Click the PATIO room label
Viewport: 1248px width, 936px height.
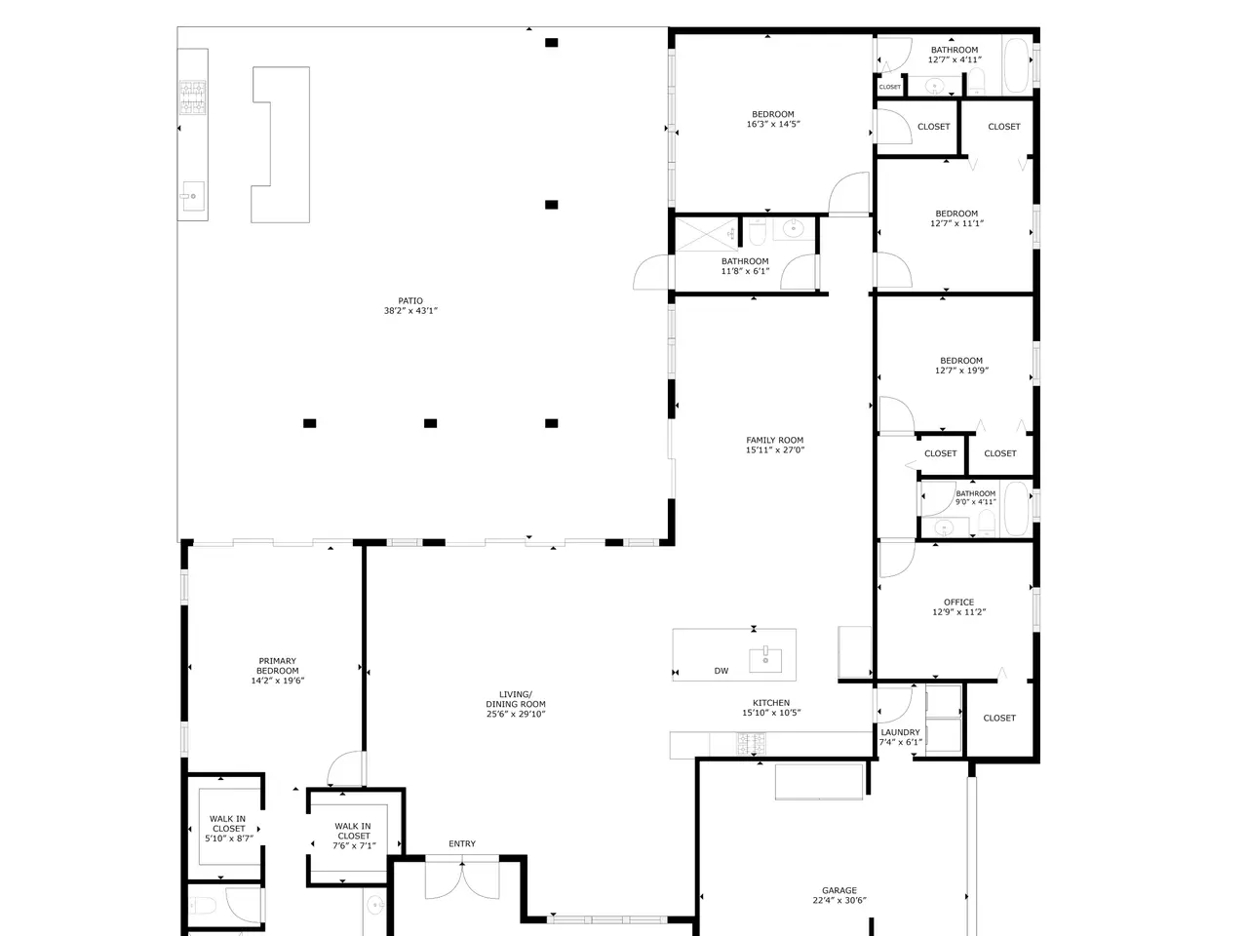(409, 300)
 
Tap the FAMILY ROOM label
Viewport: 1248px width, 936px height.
(774, 440)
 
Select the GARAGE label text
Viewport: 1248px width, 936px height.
(838, 890)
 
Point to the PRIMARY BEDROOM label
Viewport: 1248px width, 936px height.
(278, 666)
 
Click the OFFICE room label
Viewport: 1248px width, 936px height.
(958, 602)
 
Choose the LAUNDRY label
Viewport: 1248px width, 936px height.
(900, 732)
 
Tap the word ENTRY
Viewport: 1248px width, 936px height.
(462, 844)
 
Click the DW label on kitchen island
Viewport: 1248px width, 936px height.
(721, 671)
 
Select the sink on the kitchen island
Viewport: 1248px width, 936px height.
(765, 660)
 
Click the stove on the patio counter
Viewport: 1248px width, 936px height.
(193, 97)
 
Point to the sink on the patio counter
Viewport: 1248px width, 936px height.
(192, 196)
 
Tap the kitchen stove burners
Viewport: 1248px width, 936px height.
(751, 743)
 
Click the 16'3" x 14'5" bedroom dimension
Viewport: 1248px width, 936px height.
(772, 124)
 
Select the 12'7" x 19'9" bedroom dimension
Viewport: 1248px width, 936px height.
(961, 370)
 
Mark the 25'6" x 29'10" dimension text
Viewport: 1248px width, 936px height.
(516, 714)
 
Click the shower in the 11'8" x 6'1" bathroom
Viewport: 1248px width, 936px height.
(707, 234)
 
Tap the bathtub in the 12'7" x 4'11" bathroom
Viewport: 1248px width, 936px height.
(1016, 65)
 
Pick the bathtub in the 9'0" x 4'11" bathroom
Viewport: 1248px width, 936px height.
(1017, 509)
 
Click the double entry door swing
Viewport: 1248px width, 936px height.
(462, 879)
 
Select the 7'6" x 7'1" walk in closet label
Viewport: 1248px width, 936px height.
(353, 836)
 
